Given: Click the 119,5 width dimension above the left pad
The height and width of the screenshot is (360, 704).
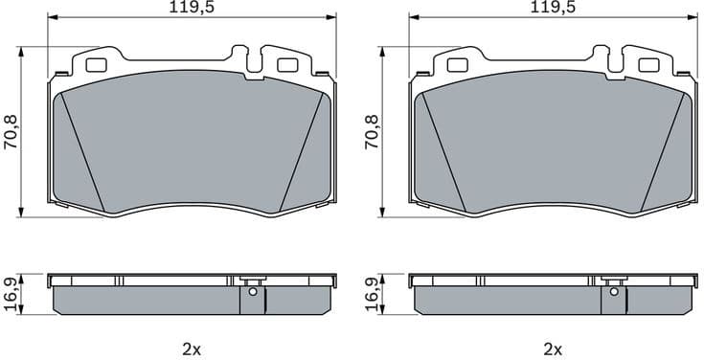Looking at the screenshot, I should tap(192, 8).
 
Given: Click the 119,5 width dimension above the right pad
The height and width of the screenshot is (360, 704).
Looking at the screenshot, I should tap(553, 8).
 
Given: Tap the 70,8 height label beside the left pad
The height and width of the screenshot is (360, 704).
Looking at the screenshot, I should tap(11, 131).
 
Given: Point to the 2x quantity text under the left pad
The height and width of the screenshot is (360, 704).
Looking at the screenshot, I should tap(192, 349).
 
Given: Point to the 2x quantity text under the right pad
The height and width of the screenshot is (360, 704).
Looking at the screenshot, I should tap(553, 349).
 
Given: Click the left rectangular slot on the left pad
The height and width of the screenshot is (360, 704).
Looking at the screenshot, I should tap(97, 66).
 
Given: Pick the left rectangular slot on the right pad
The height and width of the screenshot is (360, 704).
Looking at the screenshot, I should tap(458, 66).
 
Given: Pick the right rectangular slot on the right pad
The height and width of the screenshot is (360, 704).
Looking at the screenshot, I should tap(648, 66).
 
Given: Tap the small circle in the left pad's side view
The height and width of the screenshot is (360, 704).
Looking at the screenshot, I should tap(251, 293).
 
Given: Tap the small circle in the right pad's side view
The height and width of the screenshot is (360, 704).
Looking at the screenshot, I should tap(612, 293).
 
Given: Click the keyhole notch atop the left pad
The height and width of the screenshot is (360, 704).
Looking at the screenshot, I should tap(255, 59).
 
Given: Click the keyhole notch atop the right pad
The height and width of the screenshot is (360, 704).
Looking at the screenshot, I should tap(616, 59).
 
